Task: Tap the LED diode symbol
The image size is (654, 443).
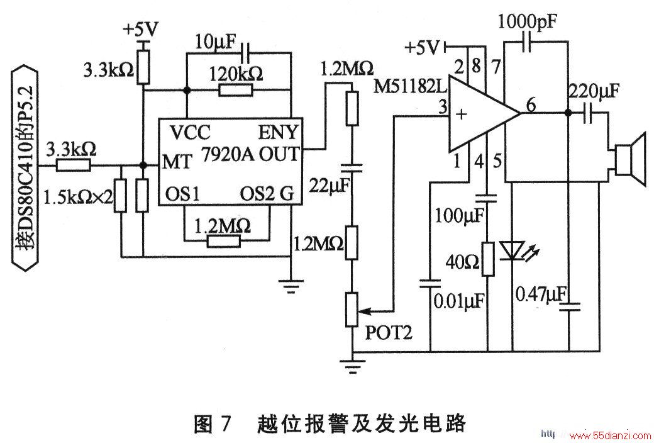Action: pyautogui.click(x=516, y=252)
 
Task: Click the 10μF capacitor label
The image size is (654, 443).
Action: pyautogui.click(x=216, y=43)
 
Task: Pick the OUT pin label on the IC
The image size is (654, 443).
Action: pyautogui.click(x=280, y=154)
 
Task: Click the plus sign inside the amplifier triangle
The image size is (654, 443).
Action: pyautogui.click(x=461, y=114)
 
